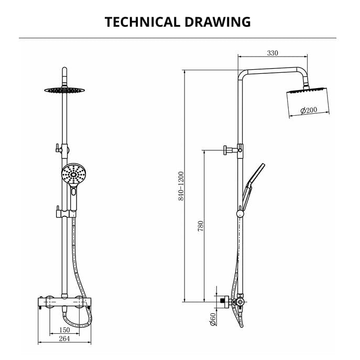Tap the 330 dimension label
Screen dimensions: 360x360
pos(272,53)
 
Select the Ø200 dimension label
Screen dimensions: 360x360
pos(309,110)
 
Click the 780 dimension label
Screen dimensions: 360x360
pos(200,226)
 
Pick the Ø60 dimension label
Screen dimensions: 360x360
pos(213,320)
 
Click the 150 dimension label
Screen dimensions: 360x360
pos(64,330)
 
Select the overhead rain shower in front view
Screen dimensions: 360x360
pos(64,90)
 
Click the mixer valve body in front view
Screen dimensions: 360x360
pos(64,303)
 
